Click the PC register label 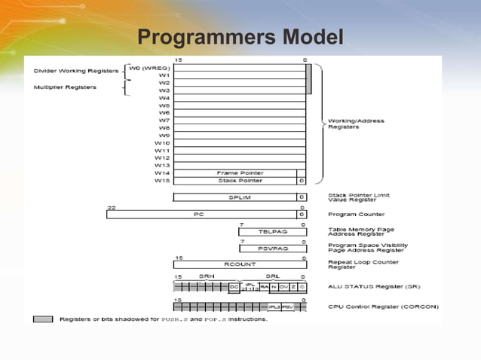[x=199, y=214]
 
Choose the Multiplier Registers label [x=66, y=87]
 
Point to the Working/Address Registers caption [x=356, y=124]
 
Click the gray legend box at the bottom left [x=43, y=319]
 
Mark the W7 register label [x=164, y=120]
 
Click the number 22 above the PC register [x=111, y=206]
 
